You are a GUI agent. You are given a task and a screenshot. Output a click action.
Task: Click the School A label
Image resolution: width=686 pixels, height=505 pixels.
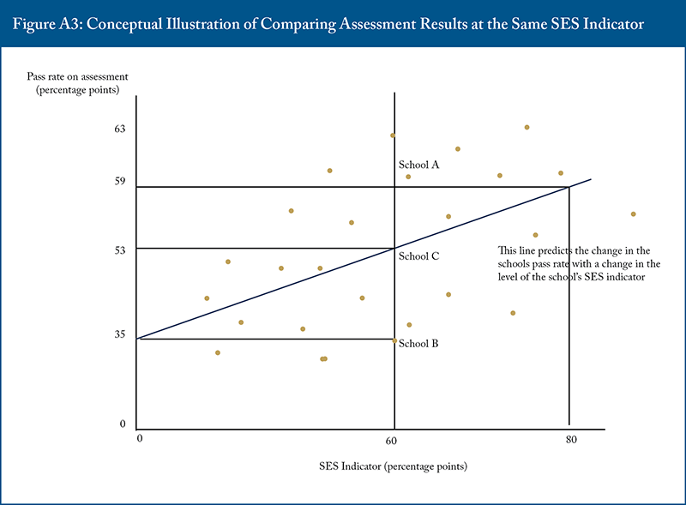419,165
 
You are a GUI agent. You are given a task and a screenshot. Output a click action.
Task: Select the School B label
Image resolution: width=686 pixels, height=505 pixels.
419,343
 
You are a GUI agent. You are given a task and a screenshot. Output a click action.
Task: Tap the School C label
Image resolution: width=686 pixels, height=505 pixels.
419,256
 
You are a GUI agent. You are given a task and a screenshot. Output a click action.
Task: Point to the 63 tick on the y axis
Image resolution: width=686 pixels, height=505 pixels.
121,129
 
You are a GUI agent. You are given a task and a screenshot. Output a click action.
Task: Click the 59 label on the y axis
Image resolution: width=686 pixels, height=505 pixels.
121,182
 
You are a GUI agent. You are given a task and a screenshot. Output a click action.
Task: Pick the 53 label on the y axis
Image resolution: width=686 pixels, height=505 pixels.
121,249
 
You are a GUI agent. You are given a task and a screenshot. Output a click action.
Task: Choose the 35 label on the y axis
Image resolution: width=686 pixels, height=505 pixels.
121,335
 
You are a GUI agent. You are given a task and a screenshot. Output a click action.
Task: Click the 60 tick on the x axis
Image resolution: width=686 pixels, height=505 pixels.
391,441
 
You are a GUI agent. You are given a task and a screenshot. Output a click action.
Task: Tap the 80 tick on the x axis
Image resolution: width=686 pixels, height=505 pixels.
570,441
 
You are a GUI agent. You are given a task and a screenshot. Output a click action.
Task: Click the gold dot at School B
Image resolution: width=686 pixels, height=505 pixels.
394,340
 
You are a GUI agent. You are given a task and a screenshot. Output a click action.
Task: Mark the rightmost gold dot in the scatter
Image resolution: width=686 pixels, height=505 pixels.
633,213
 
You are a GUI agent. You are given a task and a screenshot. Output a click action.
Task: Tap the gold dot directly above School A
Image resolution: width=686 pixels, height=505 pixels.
393,135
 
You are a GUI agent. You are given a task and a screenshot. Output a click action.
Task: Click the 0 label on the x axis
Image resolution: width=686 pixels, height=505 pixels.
139,440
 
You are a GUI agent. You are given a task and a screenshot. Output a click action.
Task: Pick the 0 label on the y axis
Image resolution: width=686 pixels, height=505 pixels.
123,424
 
